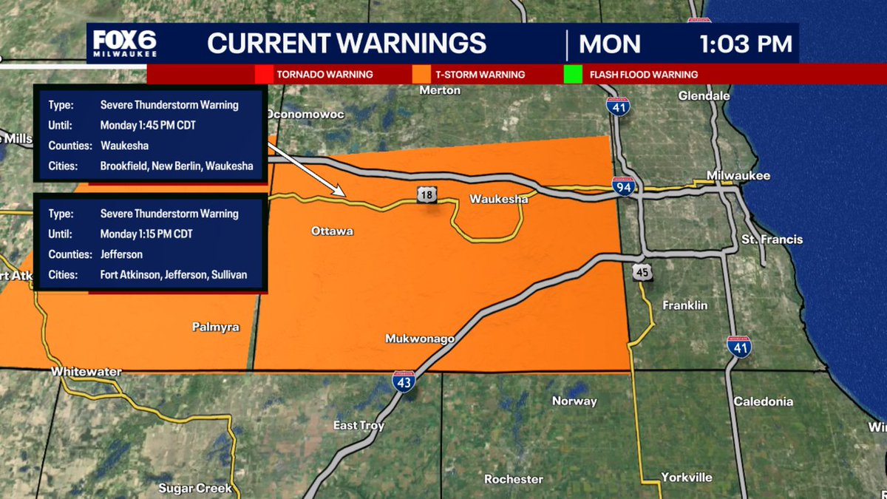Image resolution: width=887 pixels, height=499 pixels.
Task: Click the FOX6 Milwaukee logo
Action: [x=123, y=44]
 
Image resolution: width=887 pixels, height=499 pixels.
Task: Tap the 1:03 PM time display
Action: [x=746, y=44]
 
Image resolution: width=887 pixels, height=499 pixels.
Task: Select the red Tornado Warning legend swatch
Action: [x=263, y=75]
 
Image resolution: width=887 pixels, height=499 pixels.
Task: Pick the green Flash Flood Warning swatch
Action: [x=572, y=75]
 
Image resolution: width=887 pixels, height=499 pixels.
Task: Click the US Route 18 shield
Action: [x=426, y=194]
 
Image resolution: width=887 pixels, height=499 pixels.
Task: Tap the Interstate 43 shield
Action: [x=404, y=380]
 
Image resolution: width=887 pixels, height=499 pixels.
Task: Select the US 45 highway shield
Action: [x=642, y=273]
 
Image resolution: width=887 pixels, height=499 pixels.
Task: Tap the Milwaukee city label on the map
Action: [x=738, y=175]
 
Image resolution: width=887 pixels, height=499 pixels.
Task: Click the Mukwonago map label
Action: [x=420, y=339]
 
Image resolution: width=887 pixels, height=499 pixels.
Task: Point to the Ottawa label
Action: [x=332, y=231]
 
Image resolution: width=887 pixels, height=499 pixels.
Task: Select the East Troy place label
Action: [x=358, y=425]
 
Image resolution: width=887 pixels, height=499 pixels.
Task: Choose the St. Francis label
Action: [x=772, y=240]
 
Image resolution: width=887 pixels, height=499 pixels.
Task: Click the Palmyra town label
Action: [x=215, y=326]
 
